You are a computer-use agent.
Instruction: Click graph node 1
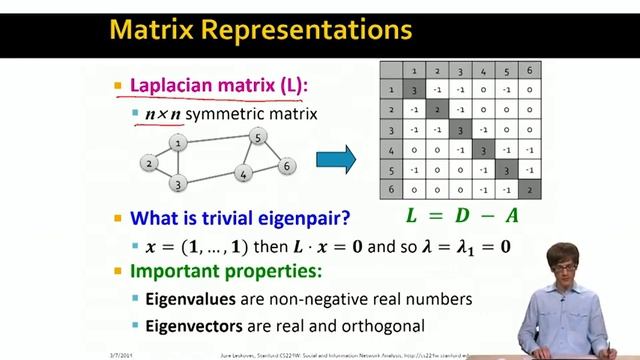pos(178,143)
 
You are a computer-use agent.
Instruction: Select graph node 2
pos(149,163)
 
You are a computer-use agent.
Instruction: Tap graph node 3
pos(178,183)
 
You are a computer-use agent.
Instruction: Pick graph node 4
pos(243,174)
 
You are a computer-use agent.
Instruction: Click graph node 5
pos(258,137)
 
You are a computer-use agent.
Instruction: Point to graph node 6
pos(286,166)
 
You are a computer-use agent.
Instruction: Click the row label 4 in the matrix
pos(391,150)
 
